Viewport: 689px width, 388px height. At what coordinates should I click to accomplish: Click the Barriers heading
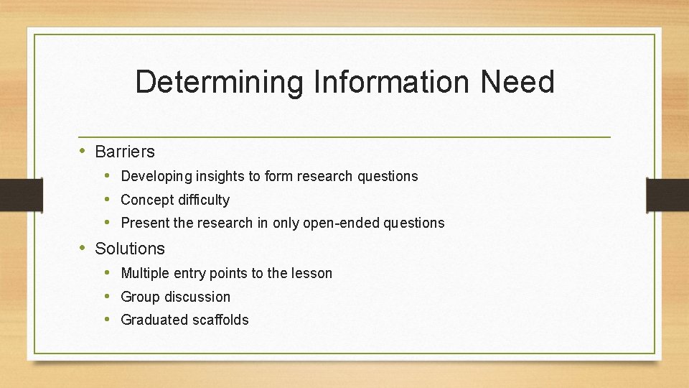(x=125, y=152)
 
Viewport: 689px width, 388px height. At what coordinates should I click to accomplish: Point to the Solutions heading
(x=130, y=249)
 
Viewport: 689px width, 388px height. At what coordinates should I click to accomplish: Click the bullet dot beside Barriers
(x=83, y=151)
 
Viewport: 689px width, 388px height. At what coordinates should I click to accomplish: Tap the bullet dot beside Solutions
(x=83, y=248)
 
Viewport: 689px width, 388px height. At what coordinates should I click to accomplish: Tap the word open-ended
(x=341, y=223)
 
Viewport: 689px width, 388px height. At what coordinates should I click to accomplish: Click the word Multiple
(x=144, y=273)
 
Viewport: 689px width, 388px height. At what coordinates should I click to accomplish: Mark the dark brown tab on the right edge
(x=667, y=194)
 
